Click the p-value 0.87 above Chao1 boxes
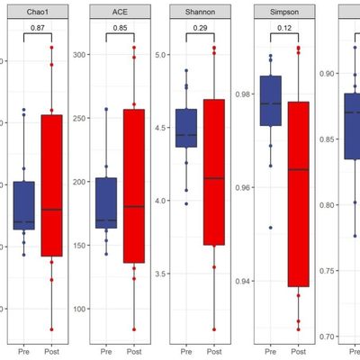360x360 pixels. (37, 29)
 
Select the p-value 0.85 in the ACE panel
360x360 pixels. (120, 29)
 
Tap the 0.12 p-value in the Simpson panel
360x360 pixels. (283, 29)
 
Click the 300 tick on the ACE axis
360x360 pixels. (81, 54)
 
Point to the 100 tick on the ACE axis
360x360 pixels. (81, 309)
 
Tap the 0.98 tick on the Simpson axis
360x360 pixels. (242, 94)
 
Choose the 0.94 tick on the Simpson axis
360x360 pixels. (242, 281)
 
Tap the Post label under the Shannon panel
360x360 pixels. (214, 352)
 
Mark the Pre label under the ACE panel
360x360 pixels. (106, 352)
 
